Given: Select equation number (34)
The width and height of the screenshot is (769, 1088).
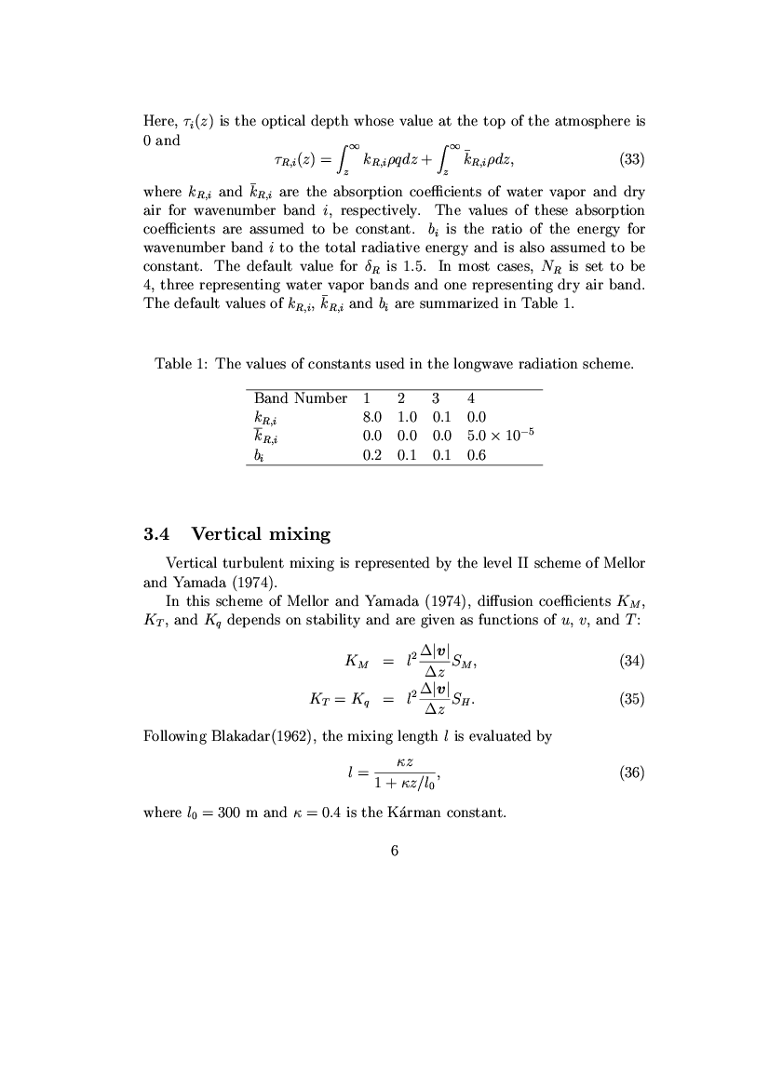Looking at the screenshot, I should tap(632, 663).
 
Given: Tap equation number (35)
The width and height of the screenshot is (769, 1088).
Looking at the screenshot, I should tap(632, 699).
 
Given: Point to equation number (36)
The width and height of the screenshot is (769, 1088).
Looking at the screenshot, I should tap(632, 772).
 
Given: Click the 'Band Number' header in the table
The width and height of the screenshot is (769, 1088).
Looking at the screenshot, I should tap(301, 398).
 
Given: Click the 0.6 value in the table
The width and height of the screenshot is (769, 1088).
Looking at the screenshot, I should tap(477, 456).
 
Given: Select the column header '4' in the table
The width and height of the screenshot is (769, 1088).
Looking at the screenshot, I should tap(472, 398).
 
